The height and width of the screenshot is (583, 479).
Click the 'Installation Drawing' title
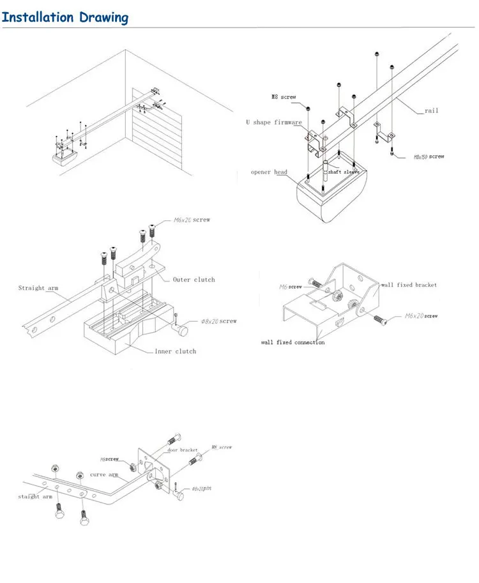click(65, 17)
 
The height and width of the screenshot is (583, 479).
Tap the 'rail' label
click(432, 110)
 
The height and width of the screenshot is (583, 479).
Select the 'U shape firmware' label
click(273, 122)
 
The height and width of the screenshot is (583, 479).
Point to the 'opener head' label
click(270, 172)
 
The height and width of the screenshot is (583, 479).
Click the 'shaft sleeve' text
click(344, 172)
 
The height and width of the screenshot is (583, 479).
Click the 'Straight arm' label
click(38, 288)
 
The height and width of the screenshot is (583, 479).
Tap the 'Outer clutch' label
click(194, 280)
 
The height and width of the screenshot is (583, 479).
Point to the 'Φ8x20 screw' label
click(219, 321)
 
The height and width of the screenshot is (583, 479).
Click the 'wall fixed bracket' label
click(409, 285)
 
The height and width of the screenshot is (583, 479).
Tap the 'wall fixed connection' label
click(293, 342)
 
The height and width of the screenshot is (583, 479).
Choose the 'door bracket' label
click(182, 450)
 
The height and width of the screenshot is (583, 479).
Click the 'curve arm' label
click(103, 474)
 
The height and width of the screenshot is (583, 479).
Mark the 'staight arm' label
click(35, 496)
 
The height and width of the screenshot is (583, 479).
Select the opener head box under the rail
click(328, 195)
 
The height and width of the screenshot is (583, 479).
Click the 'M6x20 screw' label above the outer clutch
click(192, 220)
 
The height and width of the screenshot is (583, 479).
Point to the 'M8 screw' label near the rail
click(284, 97)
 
